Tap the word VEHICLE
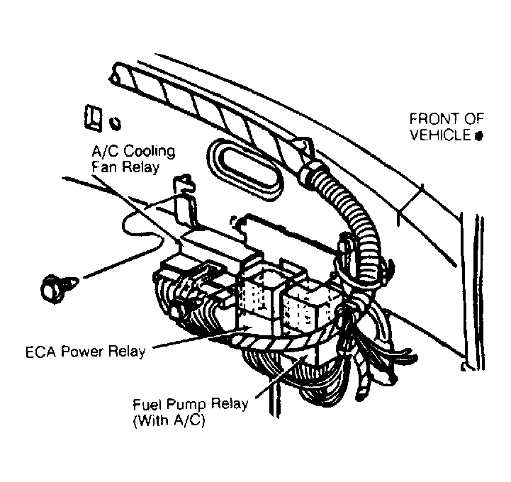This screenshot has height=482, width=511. click(439, 135)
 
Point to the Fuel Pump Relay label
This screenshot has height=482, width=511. click(190, 405)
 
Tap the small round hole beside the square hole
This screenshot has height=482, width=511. click(115, 123)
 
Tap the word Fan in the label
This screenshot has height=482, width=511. click(103, 167)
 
